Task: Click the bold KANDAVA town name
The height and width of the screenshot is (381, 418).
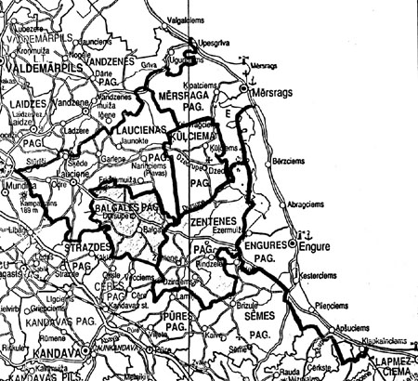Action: tap(54, 355)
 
